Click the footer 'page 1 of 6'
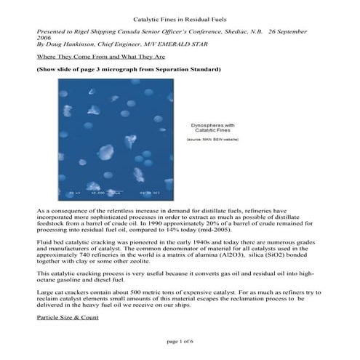[x=179, y=340]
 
